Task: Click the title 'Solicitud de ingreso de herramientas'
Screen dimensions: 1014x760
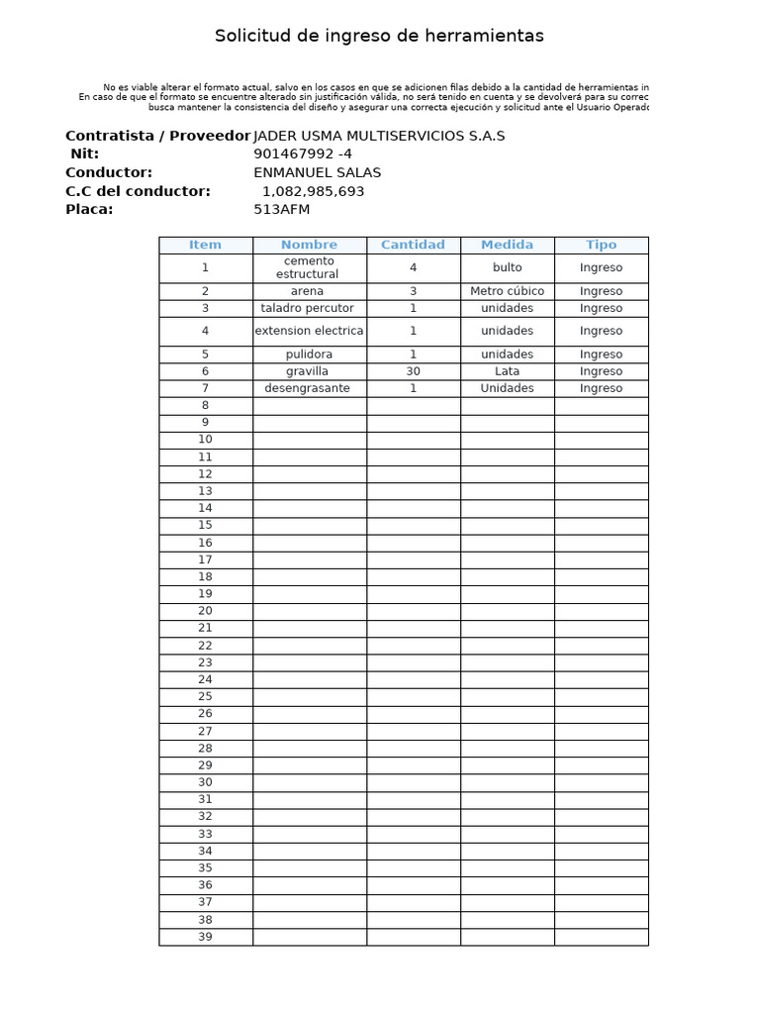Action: click(x=379, y=37)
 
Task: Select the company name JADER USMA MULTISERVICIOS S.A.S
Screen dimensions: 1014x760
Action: click(x=379, y=136)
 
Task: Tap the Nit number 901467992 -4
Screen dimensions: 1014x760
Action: click(x=303, y=154)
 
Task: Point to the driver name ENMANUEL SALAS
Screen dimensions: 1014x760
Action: click(x=318, y=172)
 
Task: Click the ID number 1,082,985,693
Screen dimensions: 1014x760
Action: click(x=314, y=191)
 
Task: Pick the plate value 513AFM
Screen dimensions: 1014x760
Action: click(x=282, y=209)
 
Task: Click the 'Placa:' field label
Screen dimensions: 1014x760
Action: click(x=89, y=209)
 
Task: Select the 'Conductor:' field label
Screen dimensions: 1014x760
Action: click(x=109, y=172)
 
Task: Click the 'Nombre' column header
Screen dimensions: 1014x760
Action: click(x=309, y=245)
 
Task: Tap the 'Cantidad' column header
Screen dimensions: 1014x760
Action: click(x=413, y=245)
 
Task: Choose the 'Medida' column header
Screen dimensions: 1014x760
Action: click(x=507, y=245)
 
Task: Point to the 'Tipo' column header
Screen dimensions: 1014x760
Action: click(x=601, y=245)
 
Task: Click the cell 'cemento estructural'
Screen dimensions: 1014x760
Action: click(x=309, y=267)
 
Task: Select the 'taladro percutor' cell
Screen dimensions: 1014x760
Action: click(x=309, y=308)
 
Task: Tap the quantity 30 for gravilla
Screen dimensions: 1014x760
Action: click(x=413, y=371)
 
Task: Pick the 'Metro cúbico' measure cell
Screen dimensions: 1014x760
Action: click(x=507, y=291)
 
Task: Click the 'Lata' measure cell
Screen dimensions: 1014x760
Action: click(x=507, y=371)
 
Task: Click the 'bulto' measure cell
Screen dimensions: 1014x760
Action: click(x=507, y=267)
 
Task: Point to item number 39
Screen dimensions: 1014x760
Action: click(x=205, y=937)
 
